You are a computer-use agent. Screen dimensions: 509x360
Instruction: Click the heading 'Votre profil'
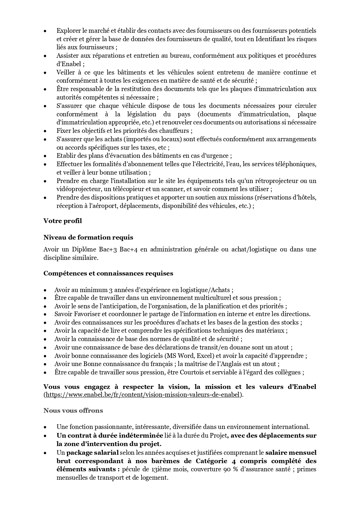pyautogui.click(x=63, y=221)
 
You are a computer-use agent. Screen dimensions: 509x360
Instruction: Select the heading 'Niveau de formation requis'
pyautogui.click(x=88, y=237)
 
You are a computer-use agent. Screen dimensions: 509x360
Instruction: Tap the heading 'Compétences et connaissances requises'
pyautogui.click(x=108, y=273)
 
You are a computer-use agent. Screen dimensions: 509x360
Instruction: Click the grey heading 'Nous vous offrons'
pyautogui.click(x=73, y=410)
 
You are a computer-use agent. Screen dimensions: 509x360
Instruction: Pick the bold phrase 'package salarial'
pyautogui.click(x=93, y=452)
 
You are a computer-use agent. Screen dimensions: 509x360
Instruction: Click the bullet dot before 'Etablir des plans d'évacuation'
pyautogui.click(x=45, y=156)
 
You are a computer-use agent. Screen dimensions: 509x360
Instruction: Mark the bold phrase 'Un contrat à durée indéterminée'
pyautogui.click(x=110, y=436)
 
